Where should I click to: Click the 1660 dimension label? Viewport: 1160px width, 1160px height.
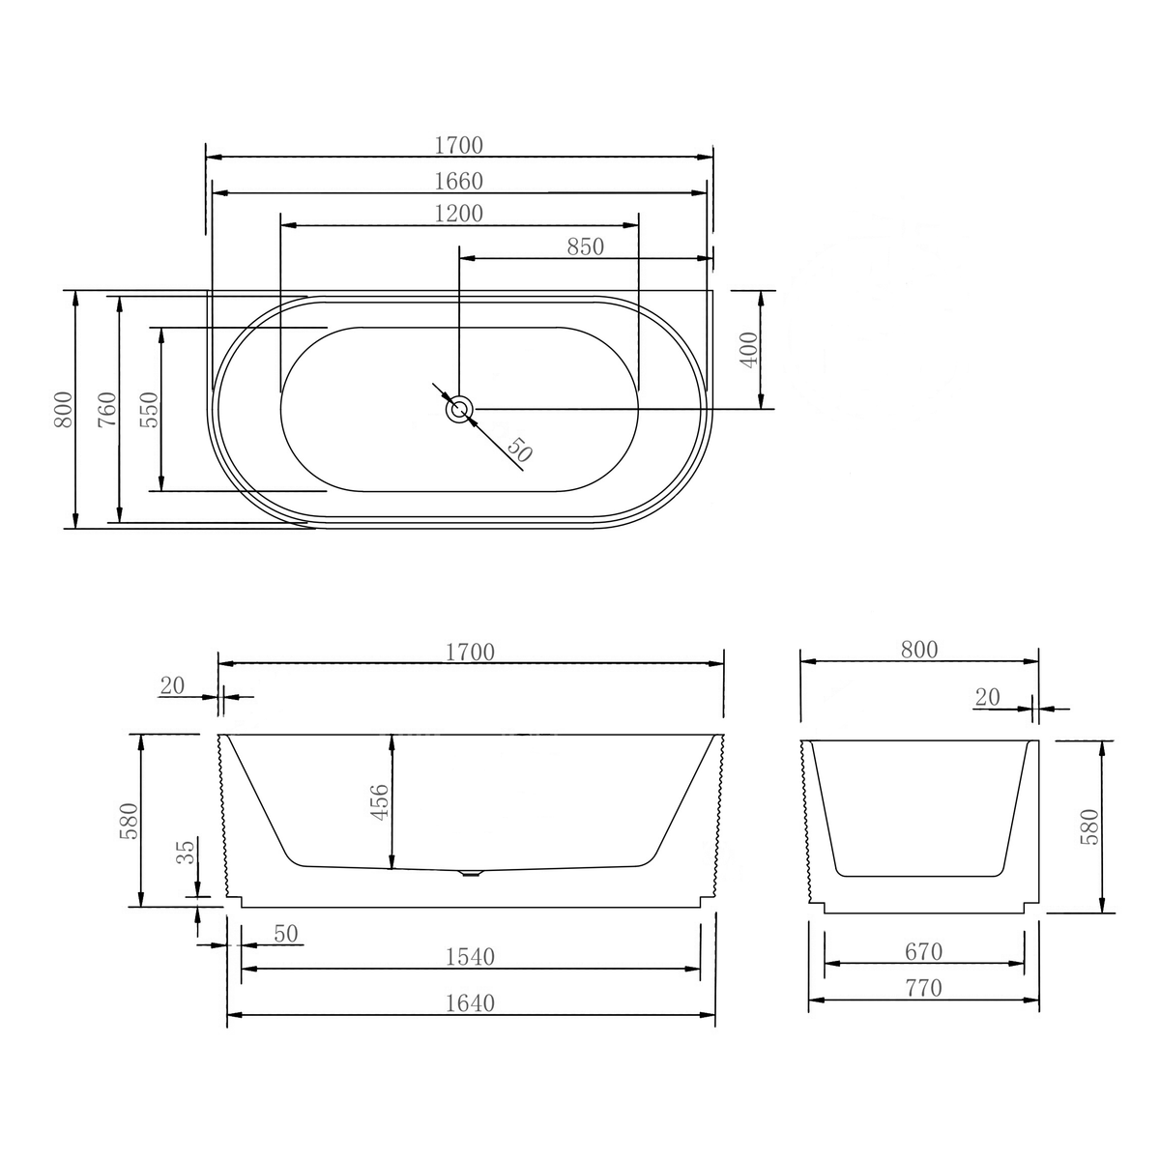click(x=459, y=181)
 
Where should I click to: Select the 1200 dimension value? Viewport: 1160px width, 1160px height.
click(x=459, y=214)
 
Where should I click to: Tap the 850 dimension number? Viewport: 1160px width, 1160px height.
click(x=585, y=246)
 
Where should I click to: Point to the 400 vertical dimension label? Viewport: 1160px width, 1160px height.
click(x=749, y=350)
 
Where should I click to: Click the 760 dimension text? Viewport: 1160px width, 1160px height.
click(x=107, y=409)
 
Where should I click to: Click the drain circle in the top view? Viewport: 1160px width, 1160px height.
click(x=459, y=410)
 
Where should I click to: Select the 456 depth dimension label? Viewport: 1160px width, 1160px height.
click(x=380, y=802)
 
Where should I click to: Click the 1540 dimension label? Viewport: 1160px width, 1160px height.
click(x=470, y=957)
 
